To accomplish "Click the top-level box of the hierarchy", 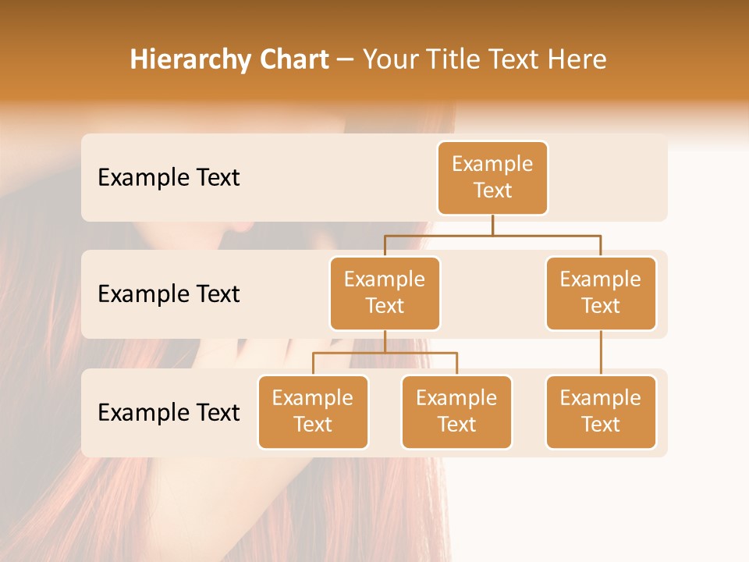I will point(492,178).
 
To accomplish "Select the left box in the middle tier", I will point(385,293).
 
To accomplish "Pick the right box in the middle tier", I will point(601,293).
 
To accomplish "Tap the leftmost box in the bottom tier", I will point(313,412).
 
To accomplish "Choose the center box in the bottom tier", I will point(456,412).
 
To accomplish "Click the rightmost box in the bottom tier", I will point(601,412).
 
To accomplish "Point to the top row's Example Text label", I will point(169,178).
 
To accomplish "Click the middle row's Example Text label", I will point(169,294).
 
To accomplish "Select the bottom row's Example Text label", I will point(169,413).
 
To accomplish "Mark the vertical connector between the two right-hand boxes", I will point(601,353).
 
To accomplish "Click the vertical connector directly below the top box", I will point(492,225).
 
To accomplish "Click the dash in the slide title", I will point(346,60).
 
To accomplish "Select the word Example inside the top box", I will point(492,164).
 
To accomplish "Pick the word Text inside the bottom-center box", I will point(456,425).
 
